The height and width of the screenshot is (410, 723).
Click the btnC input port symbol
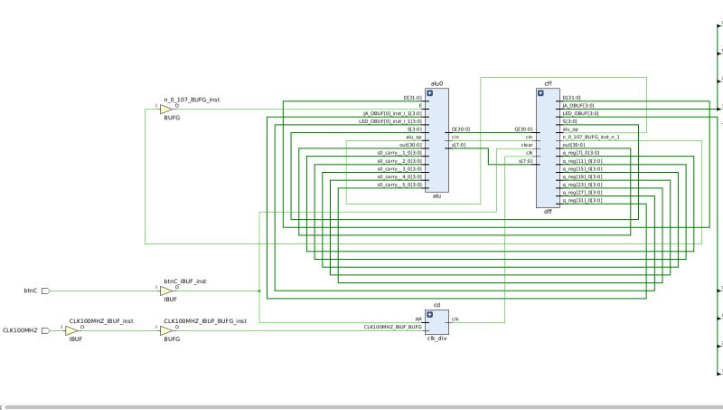tap(46, 291)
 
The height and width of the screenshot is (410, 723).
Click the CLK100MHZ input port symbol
tap(46, 331)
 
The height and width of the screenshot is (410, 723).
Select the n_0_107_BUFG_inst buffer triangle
tap(165, 110)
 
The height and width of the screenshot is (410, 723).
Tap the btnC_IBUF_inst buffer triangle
tap(165, 291)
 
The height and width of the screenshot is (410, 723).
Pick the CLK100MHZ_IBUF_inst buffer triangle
tap(71, 331)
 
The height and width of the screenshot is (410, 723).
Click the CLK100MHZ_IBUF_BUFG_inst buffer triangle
tap(165, 331)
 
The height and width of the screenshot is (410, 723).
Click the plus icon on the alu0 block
tap(430, 93)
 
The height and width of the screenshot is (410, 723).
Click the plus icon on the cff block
tap(541, 93)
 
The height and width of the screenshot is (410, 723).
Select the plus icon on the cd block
tap(430, 314)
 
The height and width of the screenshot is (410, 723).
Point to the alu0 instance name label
tap(437, 83)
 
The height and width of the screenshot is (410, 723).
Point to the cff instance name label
tap(548, 83)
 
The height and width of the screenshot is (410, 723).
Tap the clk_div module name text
tap(437, 338)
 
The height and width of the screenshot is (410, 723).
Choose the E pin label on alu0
tap(419, 106)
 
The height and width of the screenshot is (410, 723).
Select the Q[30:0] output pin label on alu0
tap(462, 129)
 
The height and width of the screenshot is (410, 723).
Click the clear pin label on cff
tap(527, 145)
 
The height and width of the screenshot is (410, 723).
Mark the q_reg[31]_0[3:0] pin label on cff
tap(582, 200)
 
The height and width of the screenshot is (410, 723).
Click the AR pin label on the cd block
tap(418, 319)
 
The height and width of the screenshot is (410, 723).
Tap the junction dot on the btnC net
tap(259, 291)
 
